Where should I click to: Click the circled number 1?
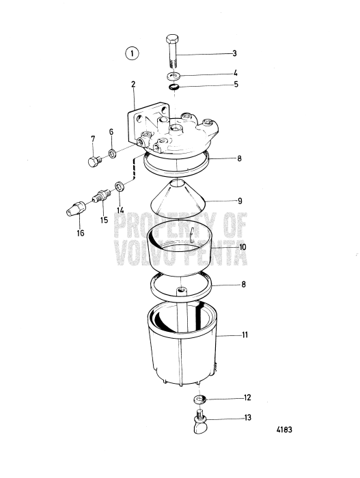tap(131, 53)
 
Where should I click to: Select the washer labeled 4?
tap(174, 74)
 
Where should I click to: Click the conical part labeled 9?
tap(178, 201)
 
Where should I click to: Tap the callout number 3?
tap(234, 53)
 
